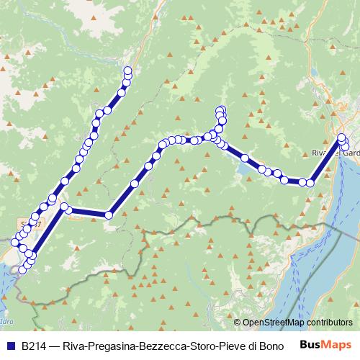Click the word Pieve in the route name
tap(234, 346)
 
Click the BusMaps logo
tap(324, 345)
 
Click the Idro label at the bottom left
tap(8, 320)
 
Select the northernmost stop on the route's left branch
tap(128, 70)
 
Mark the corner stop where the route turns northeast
tap(109, 214)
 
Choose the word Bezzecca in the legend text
tap(161, 346)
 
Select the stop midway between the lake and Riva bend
tap(276, 174)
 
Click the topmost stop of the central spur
tap(221, 109)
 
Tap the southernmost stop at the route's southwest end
tap(21, 271)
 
